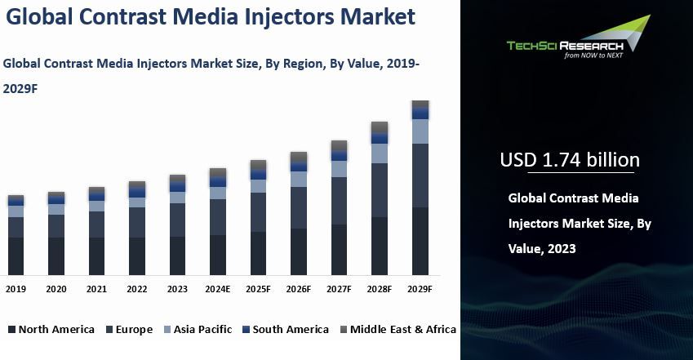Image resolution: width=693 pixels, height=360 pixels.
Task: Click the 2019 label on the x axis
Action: [x=16, y=289]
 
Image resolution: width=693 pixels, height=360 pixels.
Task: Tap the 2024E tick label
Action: [x=218, y=289]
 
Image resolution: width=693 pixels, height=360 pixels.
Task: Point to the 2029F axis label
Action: [x=420, y=289]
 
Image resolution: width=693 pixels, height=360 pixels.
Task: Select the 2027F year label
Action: [x=340, y=289]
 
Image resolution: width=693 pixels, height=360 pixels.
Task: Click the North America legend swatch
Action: [x=11, y=330]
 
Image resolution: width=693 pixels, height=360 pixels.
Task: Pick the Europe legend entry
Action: [x=127, y=330]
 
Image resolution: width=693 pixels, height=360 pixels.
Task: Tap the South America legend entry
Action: [x=284, y=330]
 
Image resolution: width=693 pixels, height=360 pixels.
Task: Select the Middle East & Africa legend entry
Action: [x=397, y=330]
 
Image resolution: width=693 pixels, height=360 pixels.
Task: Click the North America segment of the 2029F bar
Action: [x=420, y=241]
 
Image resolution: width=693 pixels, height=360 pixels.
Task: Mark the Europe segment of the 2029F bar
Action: [x=420, y=176]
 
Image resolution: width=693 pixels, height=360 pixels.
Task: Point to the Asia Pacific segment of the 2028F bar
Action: [x=380, y=153]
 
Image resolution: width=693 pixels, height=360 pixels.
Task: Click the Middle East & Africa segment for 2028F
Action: [x=380, y=127]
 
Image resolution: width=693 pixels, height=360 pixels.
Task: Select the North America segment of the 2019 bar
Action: [x=16, y=256]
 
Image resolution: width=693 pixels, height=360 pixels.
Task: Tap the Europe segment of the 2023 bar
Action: [x=177, y=220]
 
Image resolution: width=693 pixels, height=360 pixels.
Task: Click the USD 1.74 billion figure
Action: [x=570, y=160]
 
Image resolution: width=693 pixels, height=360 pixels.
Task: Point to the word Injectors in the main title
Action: [x=267, y=16]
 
